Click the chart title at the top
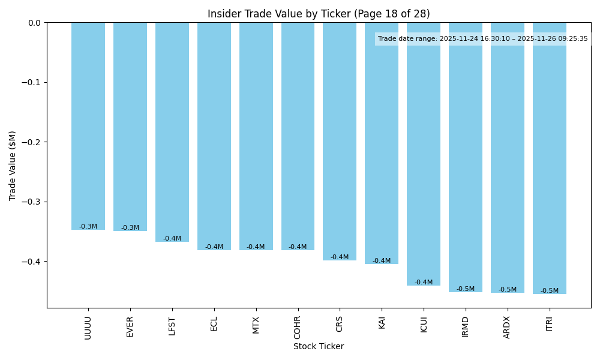click(319, 14)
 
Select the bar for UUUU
click(88, 126)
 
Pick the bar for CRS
click(340, 142)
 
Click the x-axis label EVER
click(130, 327)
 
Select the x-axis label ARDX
click(507, 328)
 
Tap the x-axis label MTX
click(256, 325)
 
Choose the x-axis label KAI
click(382, 323)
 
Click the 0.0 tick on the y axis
click(35, 23)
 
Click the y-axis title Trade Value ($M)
click(13, 166)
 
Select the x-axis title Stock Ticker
click(319, 347)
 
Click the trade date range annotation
click(483, 39)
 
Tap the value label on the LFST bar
click(172, 239)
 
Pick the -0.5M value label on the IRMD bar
click(466, 289)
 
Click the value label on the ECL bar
click(214, 247)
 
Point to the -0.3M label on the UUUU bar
click(88, 227)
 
